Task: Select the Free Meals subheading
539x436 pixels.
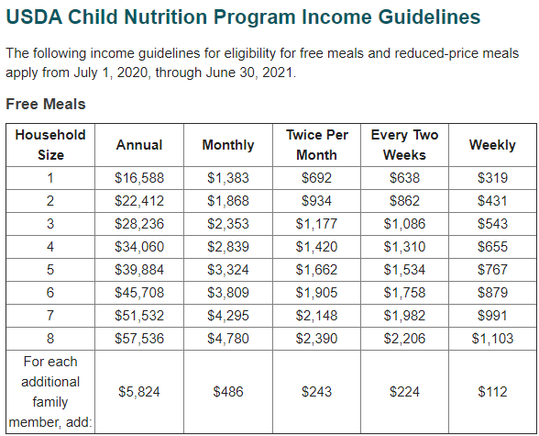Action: pyautogui.click(x=46, y=104)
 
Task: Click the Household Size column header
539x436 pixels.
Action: pyautogui.click(x=50, y=144)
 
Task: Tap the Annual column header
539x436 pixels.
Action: pyautogui.click(x=139, y=145)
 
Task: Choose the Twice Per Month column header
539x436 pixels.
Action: pyautogui.click(x=316, y=144)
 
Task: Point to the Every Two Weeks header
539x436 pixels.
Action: pyautogui.click(x=404, y=144)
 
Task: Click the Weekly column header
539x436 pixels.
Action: pyautogui.click(x=492, y=145)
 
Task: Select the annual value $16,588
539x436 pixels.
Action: pyautogui.click(x=139, y=178)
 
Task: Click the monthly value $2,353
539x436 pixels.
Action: pyautogui.click(x=227, y=224)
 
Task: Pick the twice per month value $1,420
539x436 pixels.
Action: pyautogui.click(x=316, y=247)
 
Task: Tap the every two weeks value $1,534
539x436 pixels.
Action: pyautogui.click(x=404, y=270)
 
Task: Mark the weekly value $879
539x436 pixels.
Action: pyautogui.click(x=492, y=293)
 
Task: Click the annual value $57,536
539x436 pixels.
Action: pyautogui.click(x=139, y=339)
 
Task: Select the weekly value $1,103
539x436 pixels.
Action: pyautogui.click(x=492, y=339)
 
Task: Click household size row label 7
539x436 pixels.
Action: pyautogui.click(x=50, y=316)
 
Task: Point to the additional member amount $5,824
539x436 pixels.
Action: pyautogui.click(x=139, y=392)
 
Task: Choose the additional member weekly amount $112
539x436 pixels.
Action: pyautogui.click(x=492, y=392)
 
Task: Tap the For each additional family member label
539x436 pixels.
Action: pyautogui.click(x=50, y=392)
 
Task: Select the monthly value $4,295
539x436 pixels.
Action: pyautogui.click(x=227, y=316)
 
